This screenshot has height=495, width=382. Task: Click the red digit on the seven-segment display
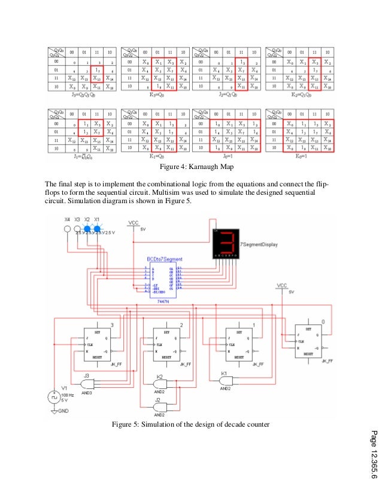pos(226,242)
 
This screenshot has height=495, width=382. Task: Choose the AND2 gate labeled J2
pos(160,405)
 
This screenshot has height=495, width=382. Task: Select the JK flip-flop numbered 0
pos(313,340)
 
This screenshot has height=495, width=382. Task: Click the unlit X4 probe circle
pos(67,228)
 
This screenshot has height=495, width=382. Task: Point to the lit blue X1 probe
pos(97,228)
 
